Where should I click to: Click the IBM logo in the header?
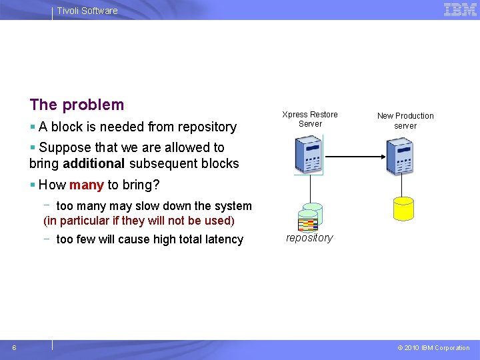(x=460, y=9)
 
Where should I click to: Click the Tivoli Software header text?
(x=87, y=11)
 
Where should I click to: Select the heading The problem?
(x=77, y=105)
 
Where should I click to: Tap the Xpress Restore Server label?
(x=310, y=119)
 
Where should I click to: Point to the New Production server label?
(x=405, y=120)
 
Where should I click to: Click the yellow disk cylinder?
(x=404, y=208)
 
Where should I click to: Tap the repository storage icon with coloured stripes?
(x=309, y=217)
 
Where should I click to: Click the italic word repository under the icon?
(x=309, y=238)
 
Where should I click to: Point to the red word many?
(x=86, y=185)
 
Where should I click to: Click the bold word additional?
(x=94, y=163)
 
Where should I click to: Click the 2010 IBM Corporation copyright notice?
(x=433, y=347)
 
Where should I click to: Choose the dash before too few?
(x=49, y=238)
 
